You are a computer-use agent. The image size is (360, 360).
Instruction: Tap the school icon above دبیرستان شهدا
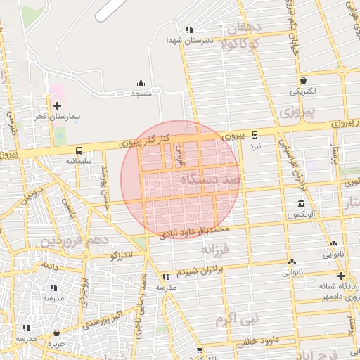(x=188, y=30)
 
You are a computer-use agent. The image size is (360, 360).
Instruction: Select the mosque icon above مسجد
(x=141, y=83)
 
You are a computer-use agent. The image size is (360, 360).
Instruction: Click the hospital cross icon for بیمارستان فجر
(x=57, y=105)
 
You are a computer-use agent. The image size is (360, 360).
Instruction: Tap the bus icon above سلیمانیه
(x=79, y=150)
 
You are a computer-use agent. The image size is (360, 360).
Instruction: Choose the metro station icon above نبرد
(x=255, y=135)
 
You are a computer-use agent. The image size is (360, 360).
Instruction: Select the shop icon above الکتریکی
(x=303, y=80)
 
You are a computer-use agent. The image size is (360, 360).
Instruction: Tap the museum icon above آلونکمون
(x=300, y=204)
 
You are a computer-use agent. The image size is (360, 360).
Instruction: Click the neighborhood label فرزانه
(x=215, y=248)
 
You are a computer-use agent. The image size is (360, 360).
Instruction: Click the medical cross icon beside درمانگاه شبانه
(x=341, y=276)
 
